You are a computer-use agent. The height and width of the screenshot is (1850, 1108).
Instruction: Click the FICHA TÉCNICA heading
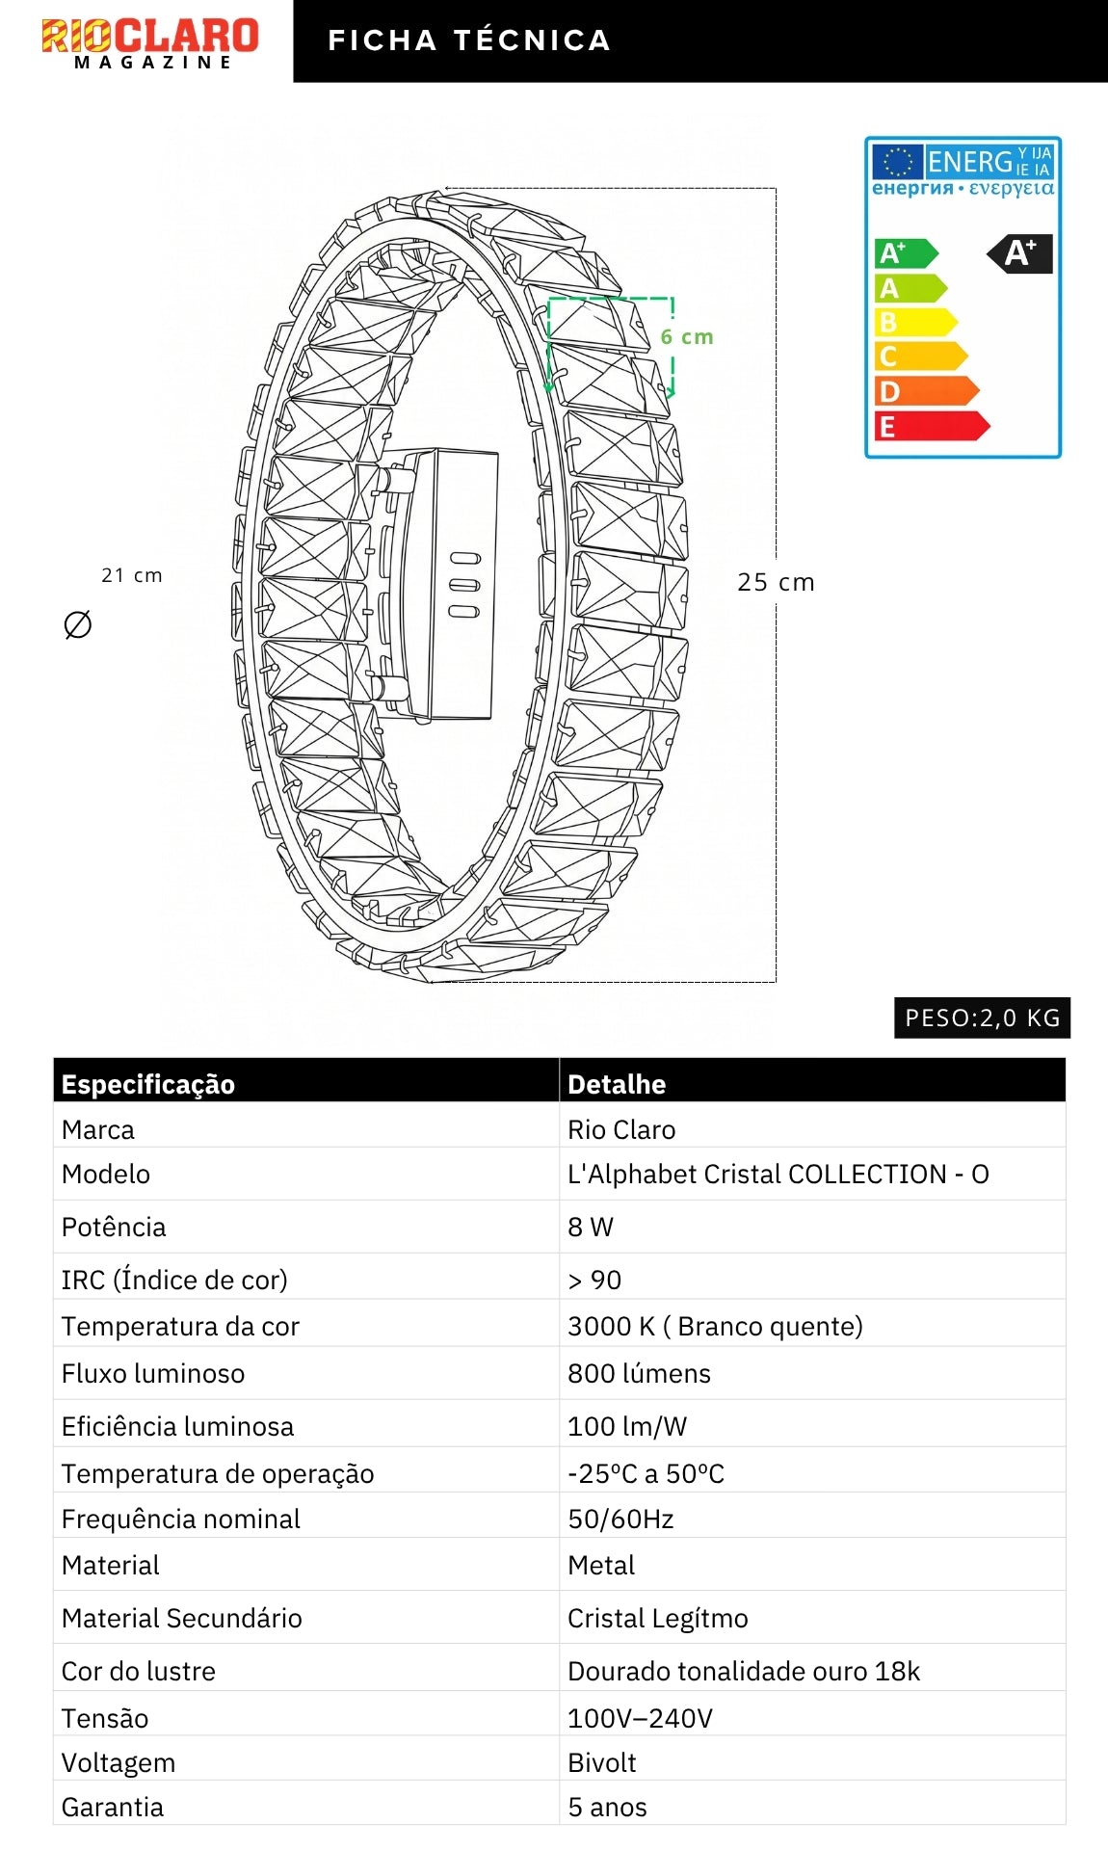(469, 40)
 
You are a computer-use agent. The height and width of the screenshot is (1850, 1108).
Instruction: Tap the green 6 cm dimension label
(687, 337)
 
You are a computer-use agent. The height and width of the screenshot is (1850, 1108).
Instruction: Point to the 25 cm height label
(776, 582)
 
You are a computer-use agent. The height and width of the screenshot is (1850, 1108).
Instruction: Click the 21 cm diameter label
(132, 575)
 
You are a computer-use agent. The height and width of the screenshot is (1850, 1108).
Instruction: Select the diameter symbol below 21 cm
(77, 625)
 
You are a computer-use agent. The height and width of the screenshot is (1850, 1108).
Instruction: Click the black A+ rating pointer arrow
(1019, 254)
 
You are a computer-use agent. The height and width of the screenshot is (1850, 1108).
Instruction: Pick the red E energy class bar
(932, 426)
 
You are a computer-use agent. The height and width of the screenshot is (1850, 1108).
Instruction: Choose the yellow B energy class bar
(915, 322)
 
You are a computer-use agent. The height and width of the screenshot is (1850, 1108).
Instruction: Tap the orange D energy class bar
(926, 391)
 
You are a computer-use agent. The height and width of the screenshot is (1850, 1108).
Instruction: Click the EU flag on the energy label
(898, 162)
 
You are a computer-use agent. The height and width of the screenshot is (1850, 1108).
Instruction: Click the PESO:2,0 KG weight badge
(982, 1017)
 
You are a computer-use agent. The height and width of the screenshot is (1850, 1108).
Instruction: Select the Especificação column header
(148, 1084)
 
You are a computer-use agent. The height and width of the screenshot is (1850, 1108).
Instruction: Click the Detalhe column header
(617, 1084)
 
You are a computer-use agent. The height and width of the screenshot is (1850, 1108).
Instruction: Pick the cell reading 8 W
(591, 1227)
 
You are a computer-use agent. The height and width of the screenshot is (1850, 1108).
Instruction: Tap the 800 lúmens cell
(639, 1373)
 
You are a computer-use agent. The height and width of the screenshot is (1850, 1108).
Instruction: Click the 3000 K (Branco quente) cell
(715, 1326)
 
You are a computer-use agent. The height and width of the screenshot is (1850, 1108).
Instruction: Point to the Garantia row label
(113, 1807)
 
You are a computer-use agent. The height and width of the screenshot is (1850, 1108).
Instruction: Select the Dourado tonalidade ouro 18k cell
(744, 1671)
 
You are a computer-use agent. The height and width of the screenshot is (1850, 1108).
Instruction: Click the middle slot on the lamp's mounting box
(464, 585)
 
